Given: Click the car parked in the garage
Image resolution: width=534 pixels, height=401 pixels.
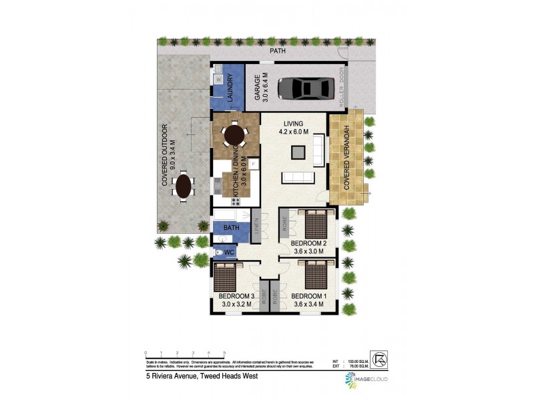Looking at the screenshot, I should [306, 88].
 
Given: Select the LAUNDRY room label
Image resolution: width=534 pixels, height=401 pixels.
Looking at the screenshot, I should [229, 88].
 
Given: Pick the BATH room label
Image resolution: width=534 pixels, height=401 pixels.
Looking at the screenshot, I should [231, 228].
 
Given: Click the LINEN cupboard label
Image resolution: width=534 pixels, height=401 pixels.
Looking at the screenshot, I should [256, 226].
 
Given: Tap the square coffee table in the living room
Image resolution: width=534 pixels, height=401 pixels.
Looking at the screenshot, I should [297, 152].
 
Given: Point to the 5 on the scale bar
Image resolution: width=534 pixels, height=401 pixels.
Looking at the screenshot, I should [224, 353].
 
